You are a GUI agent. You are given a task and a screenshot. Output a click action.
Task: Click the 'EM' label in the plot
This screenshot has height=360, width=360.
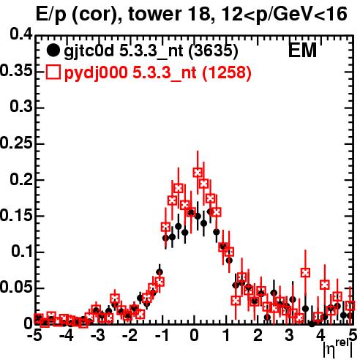[x=302, y=50]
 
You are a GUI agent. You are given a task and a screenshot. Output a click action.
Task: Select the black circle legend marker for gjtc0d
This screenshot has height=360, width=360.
[x=53, y=50]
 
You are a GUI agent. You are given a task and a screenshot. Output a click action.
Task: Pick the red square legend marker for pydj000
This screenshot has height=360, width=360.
[x=53, y=72]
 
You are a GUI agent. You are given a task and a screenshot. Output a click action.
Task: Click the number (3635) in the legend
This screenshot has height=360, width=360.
[x=214, y=51]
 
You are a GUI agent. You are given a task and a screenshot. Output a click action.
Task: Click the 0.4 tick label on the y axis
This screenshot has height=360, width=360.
[x=21, y=34]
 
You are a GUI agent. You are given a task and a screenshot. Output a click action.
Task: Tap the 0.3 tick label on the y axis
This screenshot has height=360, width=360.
[x=21, y=106]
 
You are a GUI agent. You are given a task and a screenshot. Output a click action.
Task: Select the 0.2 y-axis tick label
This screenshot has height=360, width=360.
[x=21, y=179]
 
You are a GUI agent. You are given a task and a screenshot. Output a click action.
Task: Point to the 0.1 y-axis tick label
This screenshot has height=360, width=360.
[x=22, y=251]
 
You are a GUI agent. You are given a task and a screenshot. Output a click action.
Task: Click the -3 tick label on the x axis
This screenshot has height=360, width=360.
[x=98, y=336]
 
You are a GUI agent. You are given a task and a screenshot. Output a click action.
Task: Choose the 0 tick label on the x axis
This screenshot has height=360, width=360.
[x=194, y=336]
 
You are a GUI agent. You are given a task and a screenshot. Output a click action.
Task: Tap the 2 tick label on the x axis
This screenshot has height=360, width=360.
[x=258, y=336]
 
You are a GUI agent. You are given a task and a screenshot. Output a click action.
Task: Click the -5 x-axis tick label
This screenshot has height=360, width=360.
[x=34, y=336]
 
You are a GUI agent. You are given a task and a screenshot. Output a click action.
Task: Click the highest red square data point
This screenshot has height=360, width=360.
[x=198, y=173]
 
